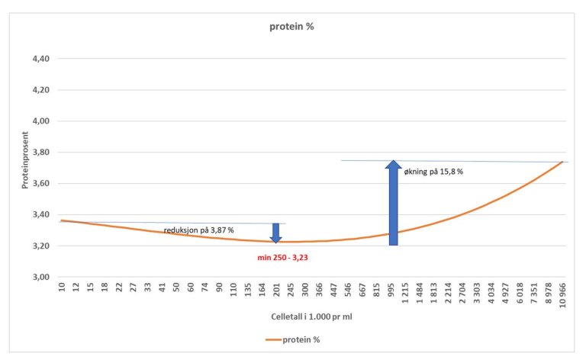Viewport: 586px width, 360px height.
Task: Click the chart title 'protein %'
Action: click(291, 26)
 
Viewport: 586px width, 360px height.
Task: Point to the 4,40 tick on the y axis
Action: click(40, 59)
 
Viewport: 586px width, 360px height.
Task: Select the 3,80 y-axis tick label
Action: click(40, 153)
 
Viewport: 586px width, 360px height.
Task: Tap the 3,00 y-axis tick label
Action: click(40, 278)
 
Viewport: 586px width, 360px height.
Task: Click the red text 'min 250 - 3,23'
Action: click(287, 258)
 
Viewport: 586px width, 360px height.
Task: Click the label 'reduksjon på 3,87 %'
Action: click(198, 230)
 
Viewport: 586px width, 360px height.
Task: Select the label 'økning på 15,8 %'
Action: click(433, 172)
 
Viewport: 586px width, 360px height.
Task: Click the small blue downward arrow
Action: click(276, 233)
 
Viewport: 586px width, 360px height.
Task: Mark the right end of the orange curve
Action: click(563, 162)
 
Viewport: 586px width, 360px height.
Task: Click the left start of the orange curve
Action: click(61, 220)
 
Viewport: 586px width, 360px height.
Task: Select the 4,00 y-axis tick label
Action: click(40, 121)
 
